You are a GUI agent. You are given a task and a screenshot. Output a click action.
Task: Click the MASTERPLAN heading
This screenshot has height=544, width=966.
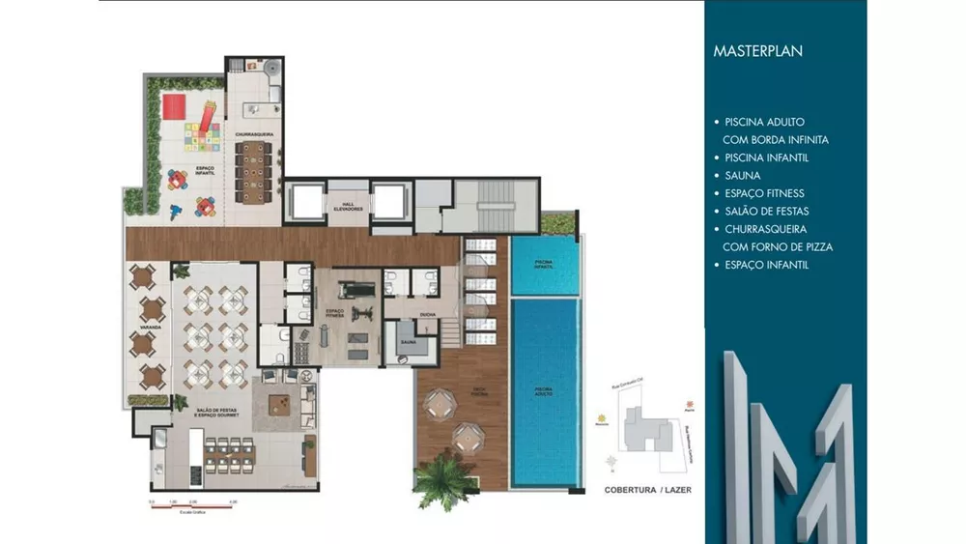[x=757, y=51]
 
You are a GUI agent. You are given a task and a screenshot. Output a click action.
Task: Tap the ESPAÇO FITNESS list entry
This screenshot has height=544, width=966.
[x=764, y=193]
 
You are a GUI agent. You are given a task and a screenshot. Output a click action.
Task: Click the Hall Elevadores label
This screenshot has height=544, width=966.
[x=348, y=207]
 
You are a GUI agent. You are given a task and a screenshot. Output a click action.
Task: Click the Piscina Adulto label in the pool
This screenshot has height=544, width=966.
[x=544, y=390]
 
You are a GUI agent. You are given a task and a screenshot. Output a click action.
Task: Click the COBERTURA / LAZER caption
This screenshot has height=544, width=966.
[x=647, y=490]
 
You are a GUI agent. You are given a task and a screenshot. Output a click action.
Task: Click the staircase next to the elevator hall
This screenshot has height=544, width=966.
[x=494, y=204]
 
